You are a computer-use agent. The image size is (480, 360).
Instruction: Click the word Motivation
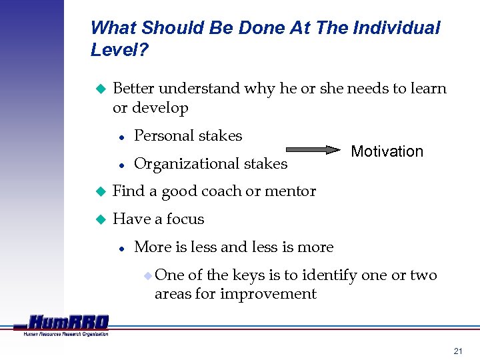tap(387, 151)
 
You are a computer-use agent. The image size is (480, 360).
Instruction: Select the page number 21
tap(457, 351)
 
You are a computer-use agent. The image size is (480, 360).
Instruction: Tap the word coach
tap(219, 191)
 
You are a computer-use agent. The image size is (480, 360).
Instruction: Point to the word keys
tap(249, 275)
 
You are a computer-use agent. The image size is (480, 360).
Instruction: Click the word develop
tap(160, 108)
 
